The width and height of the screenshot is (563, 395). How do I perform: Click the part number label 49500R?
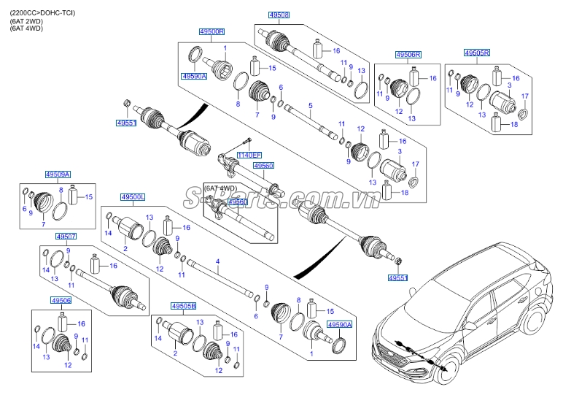pyautogui.click(x=212, y=31)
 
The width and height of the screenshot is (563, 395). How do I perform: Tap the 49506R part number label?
pyautogui.click(x=407, y=55)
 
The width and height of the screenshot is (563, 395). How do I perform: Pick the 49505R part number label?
pyautogui.click(x=477, y=53)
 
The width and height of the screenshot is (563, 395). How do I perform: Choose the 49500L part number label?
pyautogui.click(x=133, y=197)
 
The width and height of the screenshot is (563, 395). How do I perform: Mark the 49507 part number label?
pyautogui.click(x=66, y=237)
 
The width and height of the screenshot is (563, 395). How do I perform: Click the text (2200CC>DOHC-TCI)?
pyautogui.click(x=42, y=14)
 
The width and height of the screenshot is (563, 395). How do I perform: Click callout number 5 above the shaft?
pyautogui.click(x=311, y=105)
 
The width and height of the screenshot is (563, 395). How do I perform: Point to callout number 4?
pyautogui.click(x=217, y=261)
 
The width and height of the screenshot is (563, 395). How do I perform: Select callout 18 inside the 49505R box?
pyautogui.click(x=516, y=126)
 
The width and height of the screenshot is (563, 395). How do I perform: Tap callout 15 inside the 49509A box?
pyautogui.click(x=90, y=197)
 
